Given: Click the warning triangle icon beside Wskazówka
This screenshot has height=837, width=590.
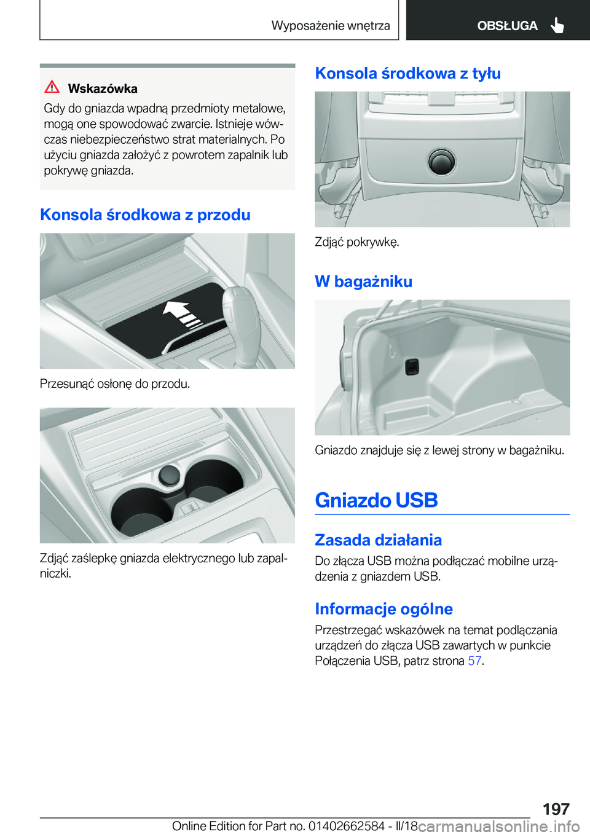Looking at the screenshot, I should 52,87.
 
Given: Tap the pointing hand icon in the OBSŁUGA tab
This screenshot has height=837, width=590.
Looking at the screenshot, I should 557,25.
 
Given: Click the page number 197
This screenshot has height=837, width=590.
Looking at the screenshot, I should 556,809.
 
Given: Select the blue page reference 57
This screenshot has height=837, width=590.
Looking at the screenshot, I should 474,661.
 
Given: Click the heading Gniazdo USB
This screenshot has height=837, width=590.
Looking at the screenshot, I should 376,500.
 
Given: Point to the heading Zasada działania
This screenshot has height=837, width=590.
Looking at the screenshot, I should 378,540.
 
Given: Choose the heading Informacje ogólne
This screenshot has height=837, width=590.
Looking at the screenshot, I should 383,608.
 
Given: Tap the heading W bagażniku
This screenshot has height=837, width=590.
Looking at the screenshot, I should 363,281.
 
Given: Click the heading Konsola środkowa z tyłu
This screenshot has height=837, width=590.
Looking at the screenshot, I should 407,73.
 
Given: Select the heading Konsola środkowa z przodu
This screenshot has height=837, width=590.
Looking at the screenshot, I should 145,214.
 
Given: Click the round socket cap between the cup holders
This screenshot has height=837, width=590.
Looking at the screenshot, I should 169,475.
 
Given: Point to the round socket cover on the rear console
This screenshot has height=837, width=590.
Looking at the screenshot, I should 441,162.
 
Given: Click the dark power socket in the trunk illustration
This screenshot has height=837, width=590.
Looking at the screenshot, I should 412,367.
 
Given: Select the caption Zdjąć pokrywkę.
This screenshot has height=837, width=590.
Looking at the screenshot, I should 356,242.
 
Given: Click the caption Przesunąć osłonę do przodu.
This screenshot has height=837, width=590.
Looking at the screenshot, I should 115,383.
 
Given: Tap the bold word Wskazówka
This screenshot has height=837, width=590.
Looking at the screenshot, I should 103,88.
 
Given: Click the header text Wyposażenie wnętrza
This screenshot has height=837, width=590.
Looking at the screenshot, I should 331,25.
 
